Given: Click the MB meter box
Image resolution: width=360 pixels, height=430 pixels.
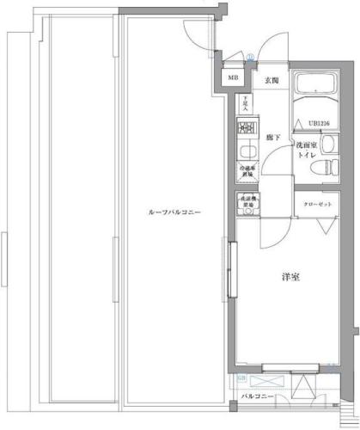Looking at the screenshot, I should click(x=233, y=77).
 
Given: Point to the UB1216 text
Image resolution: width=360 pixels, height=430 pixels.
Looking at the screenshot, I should click(x=320, y=124).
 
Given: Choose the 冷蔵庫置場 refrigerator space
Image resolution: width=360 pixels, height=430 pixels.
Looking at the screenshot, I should click(x=247, y=170).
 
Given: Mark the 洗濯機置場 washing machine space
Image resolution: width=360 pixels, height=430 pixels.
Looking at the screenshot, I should click(x=247, y=204).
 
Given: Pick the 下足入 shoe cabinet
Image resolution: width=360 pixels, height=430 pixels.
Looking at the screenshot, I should click(x=246, y=103).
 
